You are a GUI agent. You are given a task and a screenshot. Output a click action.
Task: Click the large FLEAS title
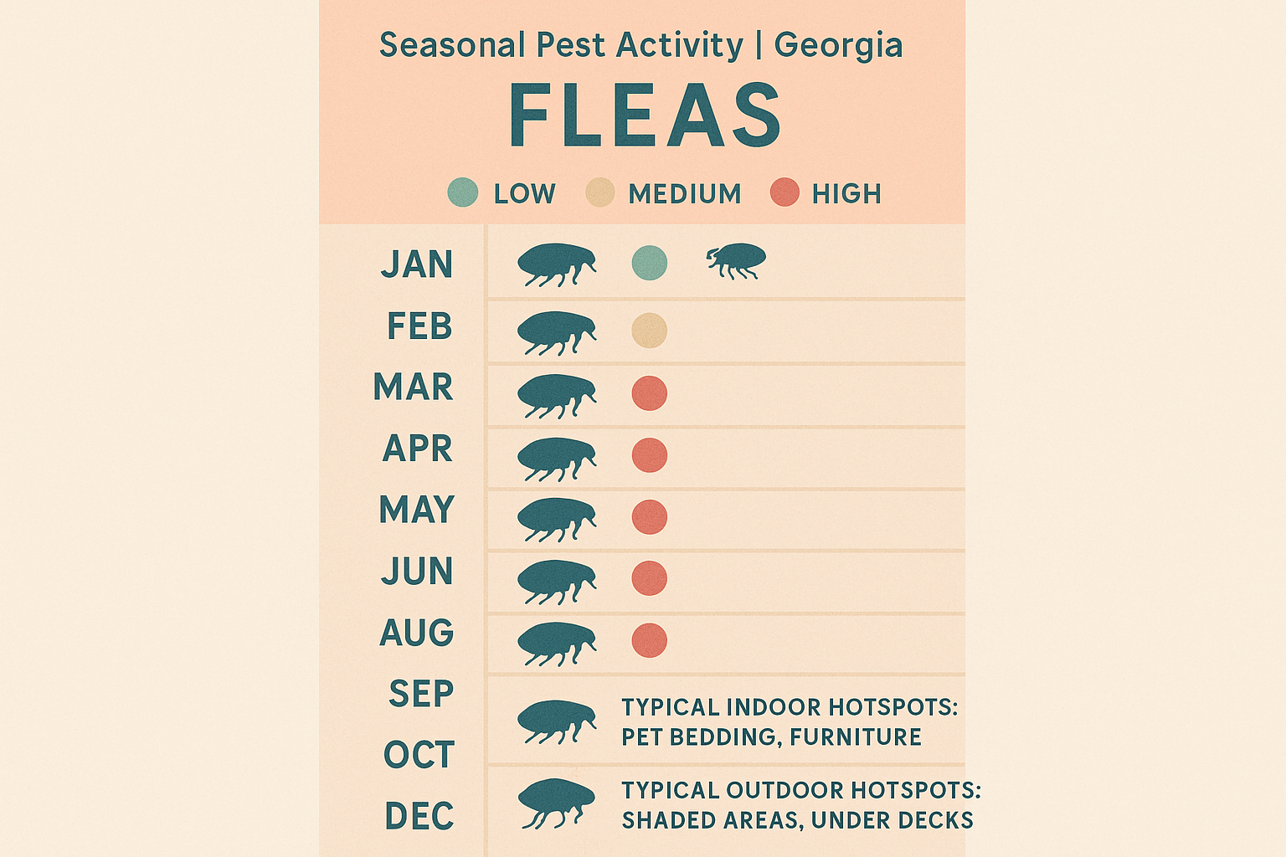[645, 115]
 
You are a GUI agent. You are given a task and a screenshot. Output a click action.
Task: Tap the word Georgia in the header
[838, 45]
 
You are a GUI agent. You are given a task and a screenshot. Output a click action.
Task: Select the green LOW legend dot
[463, 192]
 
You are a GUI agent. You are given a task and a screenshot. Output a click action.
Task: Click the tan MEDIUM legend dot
[600, 192]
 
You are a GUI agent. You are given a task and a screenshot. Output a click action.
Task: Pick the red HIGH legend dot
[784, 192]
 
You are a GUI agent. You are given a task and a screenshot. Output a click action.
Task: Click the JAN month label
[417, 264]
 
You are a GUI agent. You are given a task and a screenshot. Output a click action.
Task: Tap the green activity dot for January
[649, 263]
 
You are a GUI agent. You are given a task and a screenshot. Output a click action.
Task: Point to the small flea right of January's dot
[736, 260]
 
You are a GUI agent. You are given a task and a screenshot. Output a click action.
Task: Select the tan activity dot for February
[649, 331]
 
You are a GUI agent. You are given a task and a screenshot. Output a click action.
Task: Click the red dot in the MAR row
[649, 393]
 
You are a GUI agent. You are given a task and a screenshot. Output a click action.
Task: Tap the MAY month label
[416, 510]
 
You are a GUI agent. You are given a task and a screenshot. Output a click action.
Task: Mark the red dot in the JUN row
[649, 578]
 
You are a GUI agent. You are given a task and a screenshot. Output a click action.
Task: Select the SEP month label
[420, 694]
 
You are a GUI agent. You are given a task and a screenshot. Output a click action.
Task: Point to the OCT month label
[419, 755]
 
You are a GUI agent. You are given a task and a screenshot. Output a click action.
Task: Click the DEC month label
[419, 816]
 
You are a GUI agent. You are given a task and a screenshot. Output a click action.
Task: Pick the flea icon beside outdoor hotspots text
[556, 803]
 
